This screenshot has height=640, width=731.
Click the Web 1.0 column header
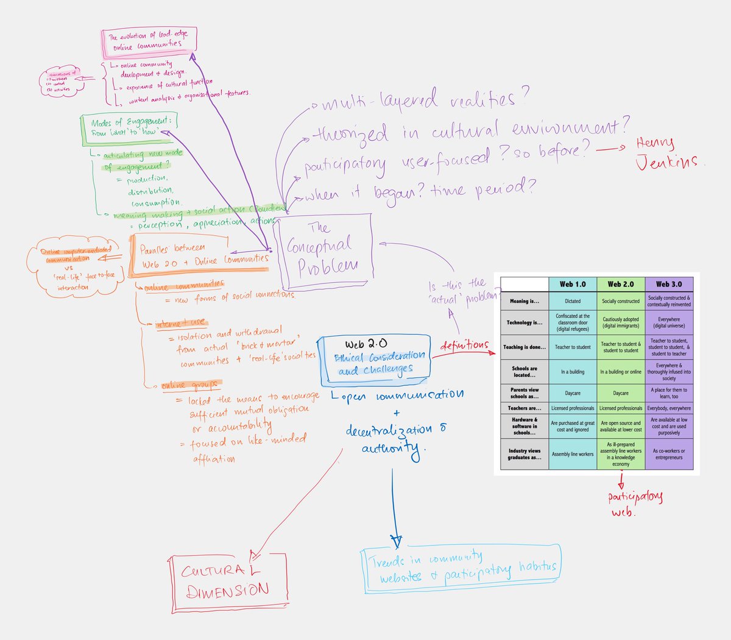click(x=573, y=284)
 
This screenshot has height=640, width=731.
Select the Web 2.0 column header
click(x=621, y=284)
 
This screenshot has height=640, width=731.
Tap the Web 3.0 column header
click(x=669, y=284)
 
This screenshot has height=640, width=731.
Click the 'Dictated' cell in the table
click(x=573, y=301)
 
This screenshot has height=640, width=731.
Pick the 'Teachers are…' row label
click(x=524, y=408)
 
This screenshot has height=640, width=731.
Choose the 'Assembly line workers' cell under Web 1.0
click(x=573, y=454)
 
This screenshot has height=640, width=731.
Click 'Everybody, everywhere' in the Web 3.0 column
click(x=669, y=408)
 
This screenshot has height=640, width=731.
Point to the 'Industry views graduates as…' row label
click(x=524, y=454)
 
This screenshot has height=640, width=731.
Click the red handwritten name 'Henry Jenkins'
click(x=667, y=153)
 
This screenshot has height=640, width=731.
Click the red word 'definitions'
click(x=464, y=346)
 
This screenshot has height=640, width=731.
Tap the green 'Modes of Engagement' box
click(x=127, y=127)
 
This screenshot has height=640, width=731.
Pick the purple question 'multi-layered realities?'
click(x=423, y=99)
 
